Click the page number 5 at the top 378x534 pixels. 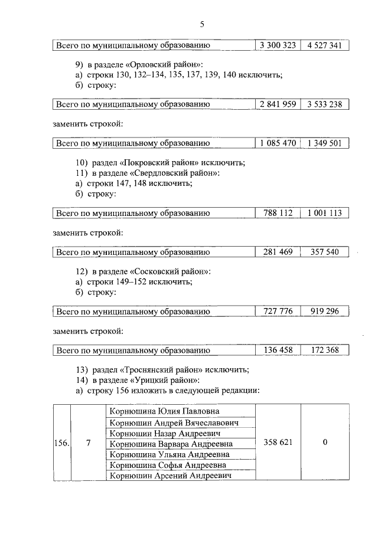tap(201, 24)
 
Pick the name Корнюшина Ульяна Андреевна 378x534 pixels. tap(169, 454)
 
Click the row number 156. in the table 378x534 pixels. tap(61, 443)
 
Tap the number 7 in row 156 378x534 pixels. tap(87, 443)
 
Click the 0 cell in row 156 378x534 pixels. tap(324, 443)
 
